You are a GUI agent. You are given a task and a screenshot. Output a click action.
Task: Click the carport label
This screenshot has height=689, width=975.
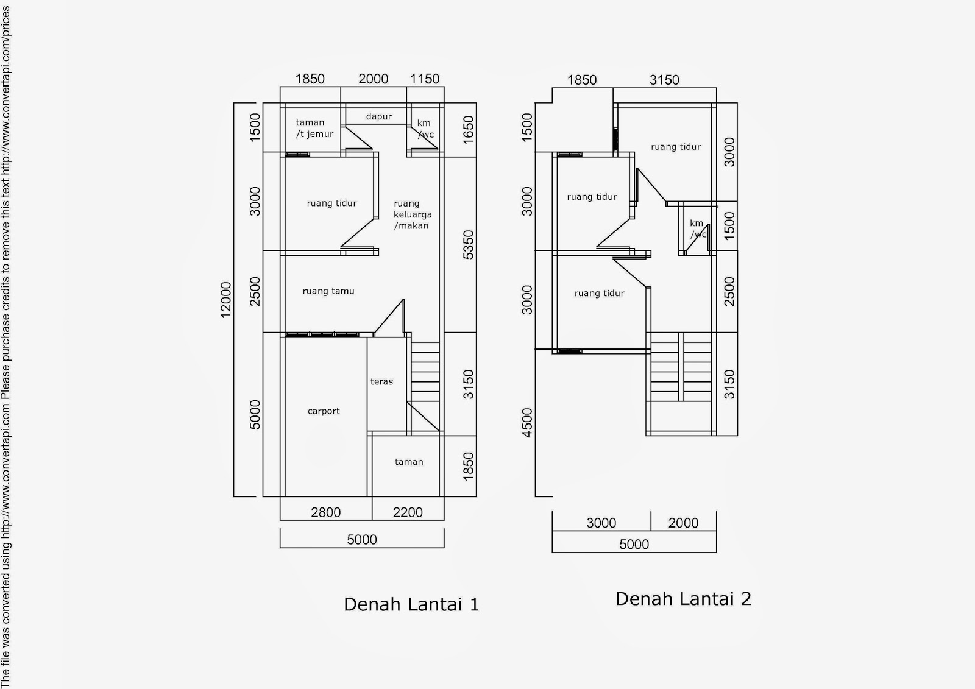click(324, 411)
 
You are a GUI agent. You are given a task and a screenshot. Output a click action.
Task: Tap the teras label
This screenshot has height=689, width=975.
click(381, 382)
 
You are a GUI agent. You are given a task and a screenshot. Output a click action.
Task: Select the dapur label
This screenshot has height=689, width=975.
click(378, 116)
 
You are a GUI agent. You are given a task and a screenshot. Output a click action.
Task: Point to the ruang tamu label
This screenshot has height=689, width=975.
click(328, 291)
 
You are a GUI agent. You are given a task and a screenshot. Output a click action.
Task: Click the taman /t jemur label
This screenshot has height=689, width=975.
click(314, 129)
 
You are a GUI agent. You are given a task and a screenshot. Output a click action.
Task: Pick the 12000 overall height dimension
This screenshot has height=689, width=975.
click(225, 300)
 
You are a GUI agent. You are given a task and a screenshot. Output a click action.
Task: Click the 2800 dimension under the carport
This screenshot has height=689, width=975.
click(325, 512)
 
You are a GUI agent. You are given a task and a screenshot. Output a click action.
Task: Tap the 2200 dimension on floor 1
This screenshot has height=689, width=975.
click(408, 512)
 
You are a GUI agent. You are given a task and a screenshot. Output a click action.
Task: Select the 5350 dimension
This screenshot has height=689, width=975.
click(469, 245)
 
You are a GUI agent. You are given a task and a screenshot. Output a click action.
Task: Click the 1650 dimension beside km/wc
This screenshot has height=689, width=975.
click(469, 130)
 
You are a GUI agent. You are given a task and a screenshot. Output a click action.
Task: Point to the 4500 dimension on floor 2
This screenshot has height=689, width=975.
click(527, 423)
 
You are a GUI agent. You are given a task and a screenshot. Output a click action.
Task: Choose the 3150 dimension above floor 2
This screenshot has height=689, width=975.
click(664, 80)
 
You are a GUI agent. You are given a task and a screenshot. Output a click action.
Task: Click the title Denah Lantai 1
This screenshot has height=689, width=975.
click(411, 604)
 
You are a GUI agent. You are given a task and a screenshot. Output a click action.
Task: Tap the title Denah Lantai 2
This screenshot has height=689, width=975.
click(683, 599)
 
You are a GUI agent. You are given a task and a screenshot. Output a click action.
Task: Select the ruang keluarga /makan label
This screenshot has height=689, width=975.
click(413, 214)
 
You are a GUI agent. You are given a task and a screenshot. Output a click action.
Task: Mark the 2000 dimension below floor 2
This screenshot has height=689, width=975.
click(683, 523)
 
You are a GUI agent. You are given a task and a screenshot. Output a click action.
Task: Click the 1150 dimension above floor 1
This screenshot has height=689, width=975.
click(425, 79)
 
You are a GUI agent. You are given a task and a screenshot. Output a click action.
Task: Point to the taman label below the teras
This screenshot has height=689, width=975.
click(409, 462)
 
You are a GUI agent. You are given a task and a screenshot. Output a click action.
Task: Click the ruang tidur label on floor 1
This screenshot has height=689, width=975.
click(331, 203)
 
